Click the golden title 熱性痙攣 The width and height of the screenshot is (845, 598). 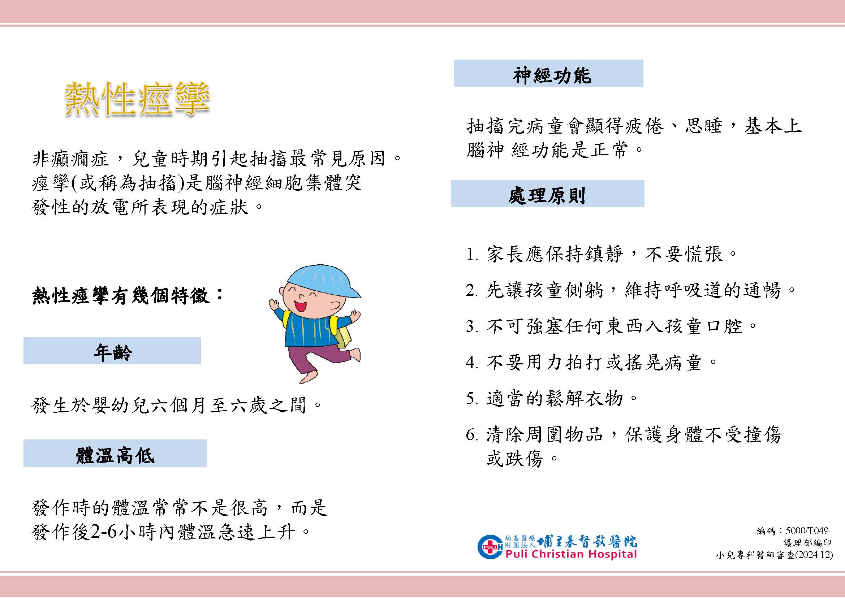click(137, 98)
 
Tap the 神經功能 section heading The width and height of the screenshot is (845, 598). click(551, 75)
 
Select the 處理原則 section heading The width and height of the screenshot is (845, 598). click(547, 195)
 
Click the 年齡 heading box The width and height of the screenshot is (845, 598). click(112, 351)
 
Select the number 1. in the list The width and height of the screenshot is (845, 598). click(472, 254)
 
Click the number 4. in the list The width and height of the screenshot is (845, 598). click(472, 363)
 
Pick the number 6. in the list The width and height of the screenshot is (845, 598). click(472, 435)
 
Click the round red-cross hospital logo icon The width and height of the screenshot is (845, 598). click(490, 547)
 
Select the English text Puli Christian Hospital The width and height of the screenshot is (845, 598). click(571, 554)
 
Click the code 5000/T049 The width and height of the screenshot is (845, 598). click(807, 530)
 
